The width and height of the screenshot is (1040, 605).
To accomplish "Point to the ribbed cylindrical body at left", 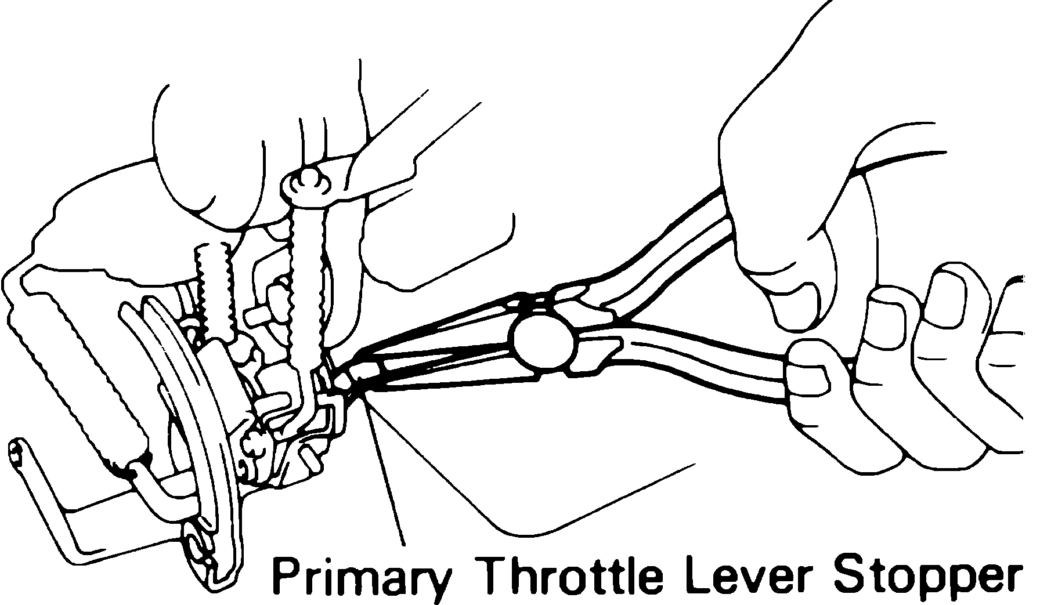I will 87,360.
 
